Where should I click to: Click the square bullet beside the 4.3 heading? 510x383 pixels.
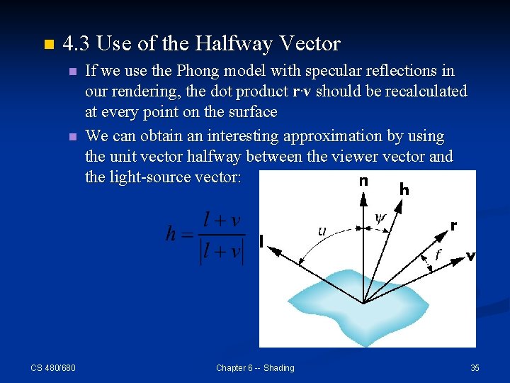point(47,45)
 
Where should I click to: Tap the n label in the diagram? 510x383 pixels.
point(363,182)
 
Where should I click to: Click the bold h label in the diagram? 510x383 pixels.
point(404,189)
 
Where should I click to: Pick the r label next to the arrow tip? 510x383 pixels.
point(453,226)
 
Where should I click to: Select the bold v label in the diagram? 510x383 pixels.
point(470,256)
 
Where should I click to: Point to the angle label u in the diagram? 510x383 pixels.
point(322,231)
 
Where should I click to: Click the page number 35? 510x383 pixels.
point(475,367)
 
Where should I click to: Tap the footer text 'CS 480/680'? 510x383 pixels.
point(53,367)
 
